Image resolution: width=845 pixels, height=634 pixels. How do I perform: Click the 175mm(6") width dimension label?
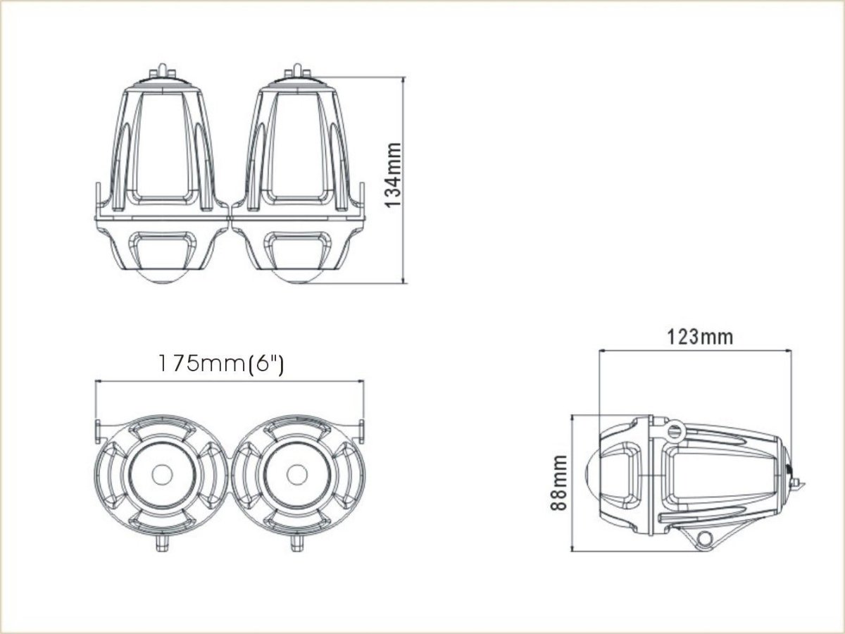220,364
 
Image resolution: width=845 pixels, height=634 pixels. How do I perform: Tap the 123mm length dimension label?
699,337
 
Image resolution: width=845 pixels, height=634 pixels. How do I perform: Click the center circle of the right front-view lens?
298,474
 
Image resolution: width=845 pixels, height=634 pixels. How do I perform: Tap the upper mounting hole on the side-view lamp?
675,429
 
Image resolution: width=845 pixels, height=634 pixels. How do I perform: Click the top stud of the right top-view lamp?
296,70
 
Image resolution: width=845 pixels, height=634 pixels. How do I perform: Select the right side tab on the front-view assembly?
361,429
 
